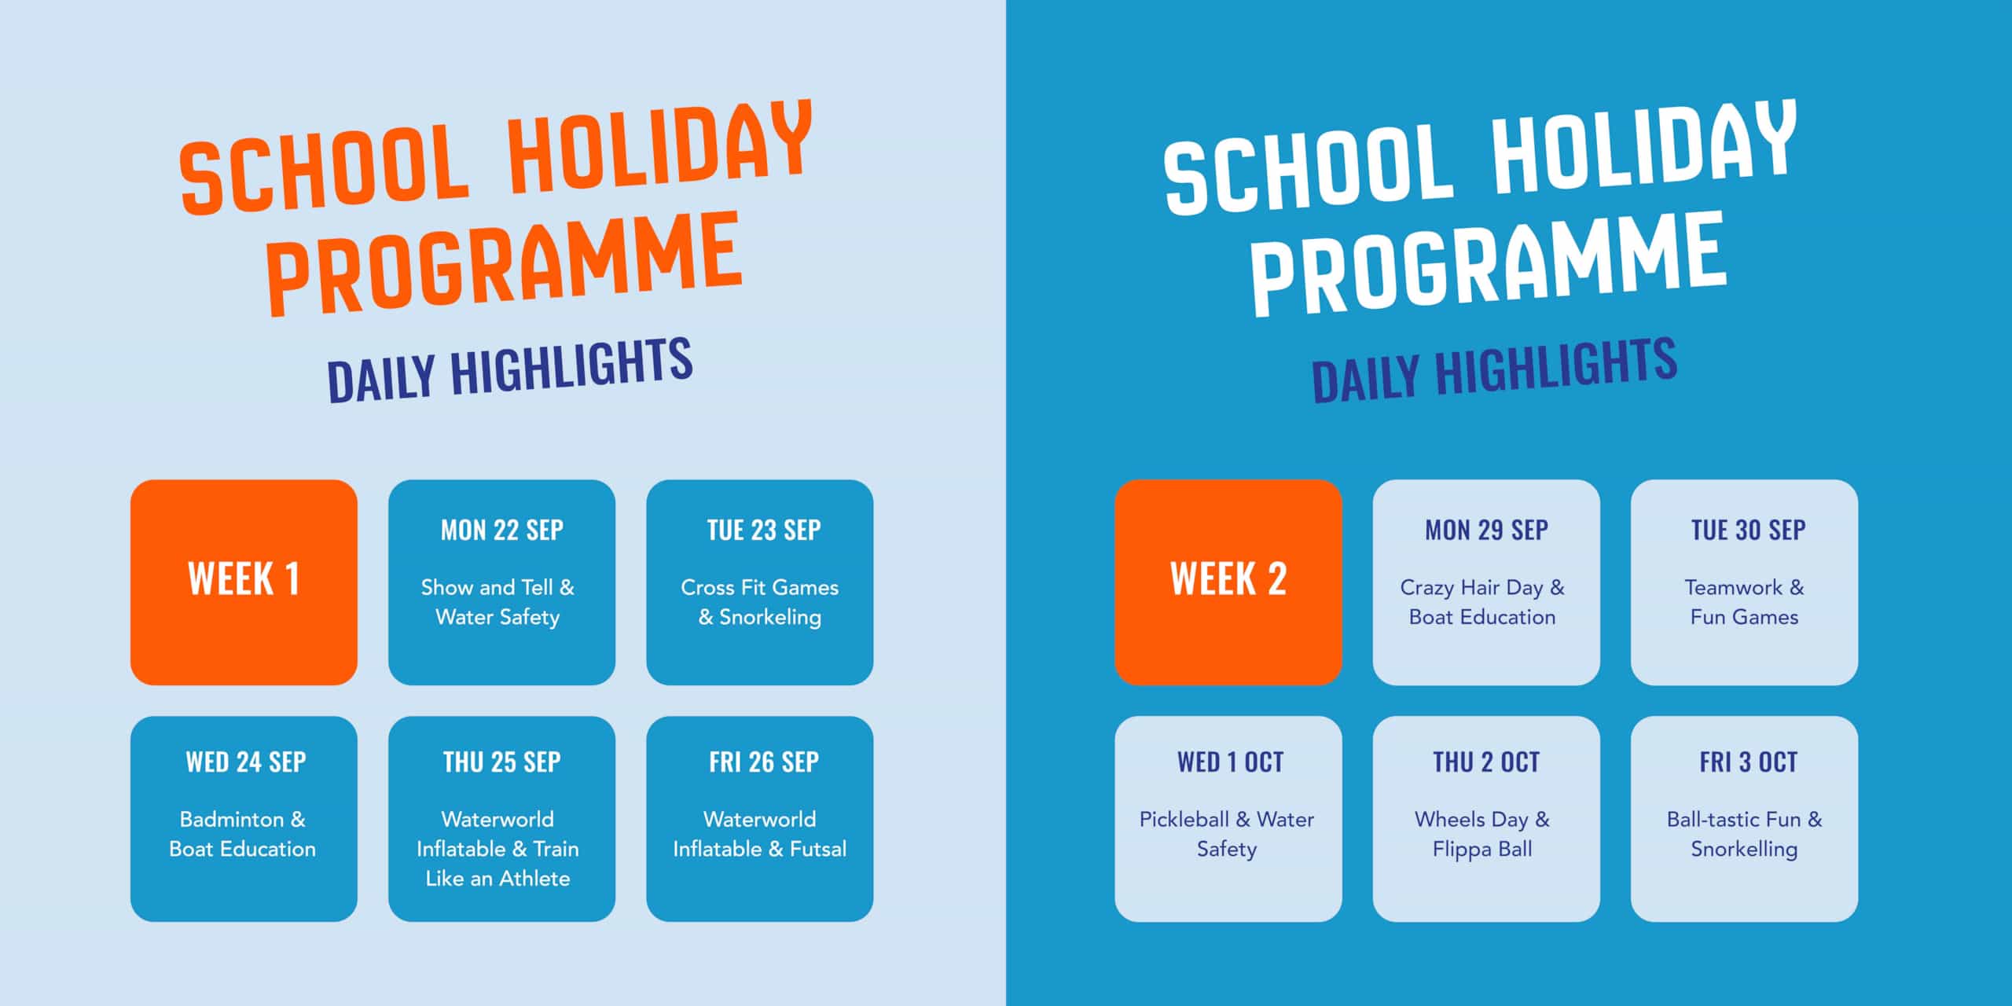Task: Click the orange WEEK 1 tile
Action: (x=244, y=582)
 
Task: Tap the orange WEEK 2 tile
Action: (x=1228, y=582)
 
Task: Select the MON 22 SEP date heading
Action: (x=502, y=531)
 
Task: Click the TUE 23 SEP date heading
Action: (x=764, y=531)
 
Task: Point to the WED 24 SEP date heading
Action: (x=246, y=762)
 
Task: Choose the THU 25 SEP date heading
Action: (x=502, y=762)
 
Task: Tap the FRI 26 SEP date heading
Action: (x=764, y=762)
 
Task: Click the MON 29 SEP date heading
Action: (x=1487, y=531)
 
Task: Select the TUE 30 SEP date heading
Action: (x=1749, y=531)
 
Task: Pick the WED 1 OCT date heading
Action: (x=1230, y=762)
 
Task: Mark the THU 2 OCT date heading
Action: (x=1486, y=762)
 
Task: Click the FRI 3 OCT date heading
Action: (x=1749, y=762)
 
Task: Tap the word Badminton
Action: (x=232, y=820)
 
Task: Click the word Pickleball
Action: (x=1184, y=820)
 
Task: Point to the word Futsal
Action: (x=818, y=849)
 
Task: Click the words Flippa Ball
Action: (x=1482, y=850)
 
